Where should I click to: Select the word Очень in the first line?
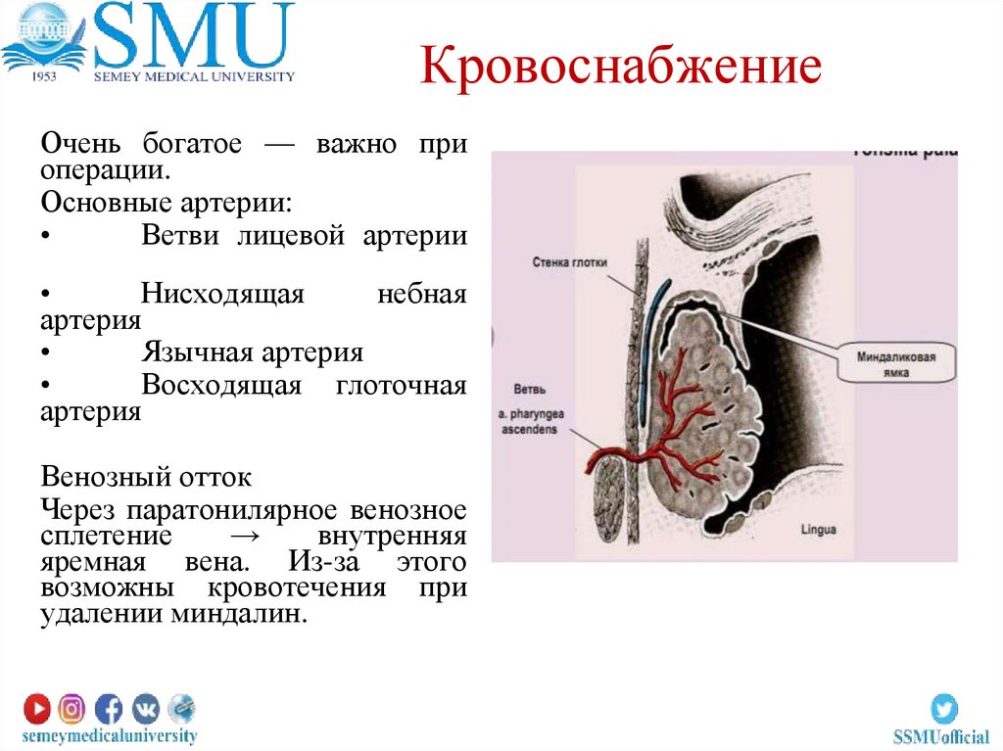[x=80, y=144]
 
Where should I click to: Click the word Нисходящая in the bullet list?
[x=222, y=294]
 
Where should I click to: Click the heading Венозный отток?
[x=146, y=478]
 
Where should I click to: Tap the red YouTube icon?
[x=37, y=707]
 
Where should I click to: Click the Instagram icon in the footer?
[x=72, y=707]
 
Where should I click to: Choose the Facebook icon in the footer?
[x=109, y=707]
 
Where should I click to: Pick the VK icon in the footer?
[x=145, y=707]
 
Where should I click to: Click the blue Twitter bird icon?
[x=943, y=708]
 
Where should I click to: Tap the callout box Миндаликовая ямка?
[x=888, y=364]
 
